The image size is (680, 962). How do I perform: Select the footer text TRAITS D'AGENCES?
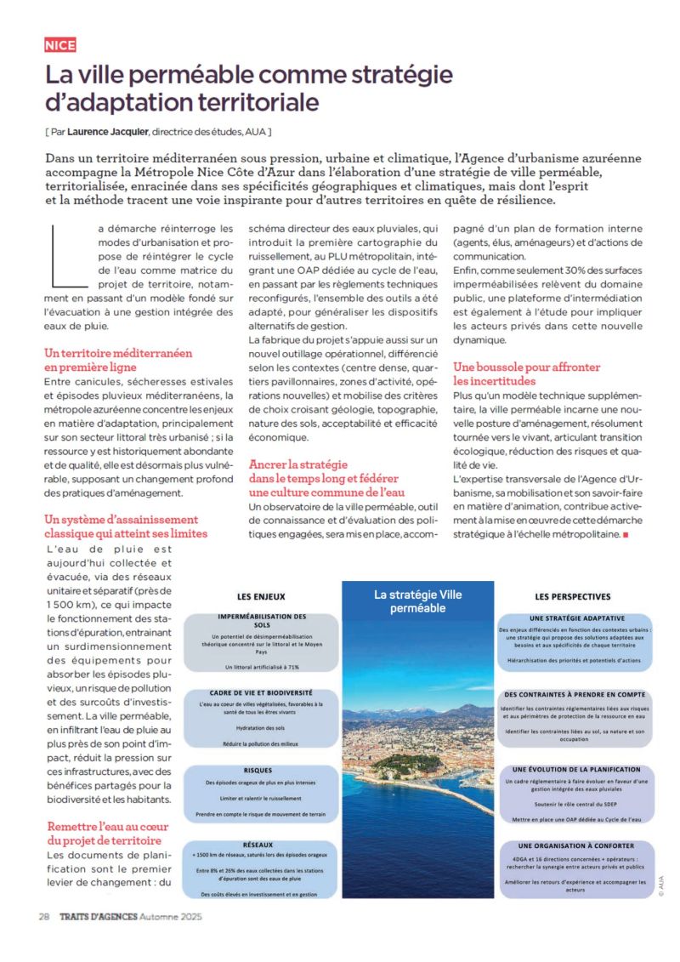(x=98, y=917)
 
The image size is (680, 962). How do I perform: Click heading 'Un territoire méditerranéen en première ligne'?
(x=118, y=359)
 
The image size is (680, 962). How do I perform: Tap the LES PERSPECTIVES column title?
(x=572, y=597)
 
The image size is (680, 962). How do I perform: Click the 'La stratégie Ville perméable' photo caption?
(x=417, y=601)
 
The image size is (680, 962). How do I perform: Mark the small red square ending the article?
(x=626, y=534)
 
